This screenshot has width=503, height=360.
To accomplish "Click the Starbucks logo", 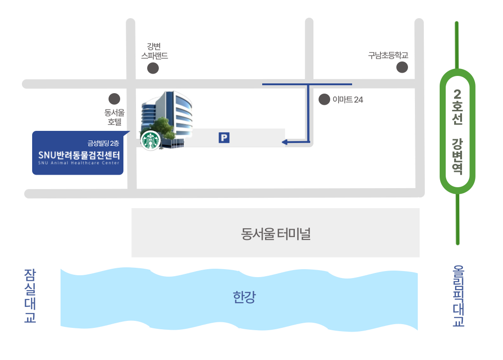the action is point(150,140).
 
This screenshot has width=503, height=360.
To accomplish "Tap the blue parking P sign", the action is point(224,138).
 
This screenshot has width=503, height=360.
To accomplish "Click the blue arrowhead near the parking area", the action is point(285,142).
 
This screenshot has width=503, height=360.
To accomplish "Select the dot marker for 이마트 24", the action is point(324,99).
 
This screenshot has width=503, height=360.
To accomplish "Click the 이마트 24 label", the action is point(348,100).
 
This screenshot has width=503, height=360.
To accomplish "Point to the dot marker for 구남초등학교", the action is point(402,68).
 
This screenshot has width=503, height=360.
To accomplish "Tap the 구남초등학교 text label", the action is point(388,55).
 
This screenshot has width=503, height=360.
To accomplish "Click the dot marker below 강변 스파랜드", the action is point(153,68).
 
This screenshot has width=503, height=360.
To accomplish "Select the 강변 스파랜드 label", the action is point(154,51).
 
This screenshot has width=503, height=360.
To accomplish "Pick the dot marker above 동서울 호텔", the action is point(114,99).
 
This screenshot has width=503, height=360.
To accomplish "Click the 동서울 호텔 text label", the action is point(115,117).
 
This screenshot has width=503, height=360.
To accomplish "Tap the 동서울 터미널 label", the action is point(276,234).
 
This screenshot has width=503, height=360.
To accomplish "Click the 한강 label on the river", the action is point(244,297).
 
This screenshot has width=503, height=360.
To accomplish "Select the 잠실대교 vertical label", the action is point(30,296).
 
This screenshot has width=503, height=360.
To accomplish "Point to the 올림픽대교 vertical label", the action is point(458,296).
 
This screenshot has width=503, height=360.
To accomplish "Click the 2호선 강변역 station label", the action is point(457,131).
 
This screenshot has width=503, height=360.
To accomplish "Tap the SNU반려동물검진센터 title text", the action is point(79,155).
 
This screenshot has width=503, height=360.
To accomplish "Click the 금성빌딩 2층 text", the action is point(103,143).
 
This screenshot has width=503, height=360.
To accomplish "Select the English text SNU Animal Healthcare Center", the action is point(79,163).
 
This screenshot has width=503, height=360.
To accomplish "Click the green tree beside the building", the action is point(162,129).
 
